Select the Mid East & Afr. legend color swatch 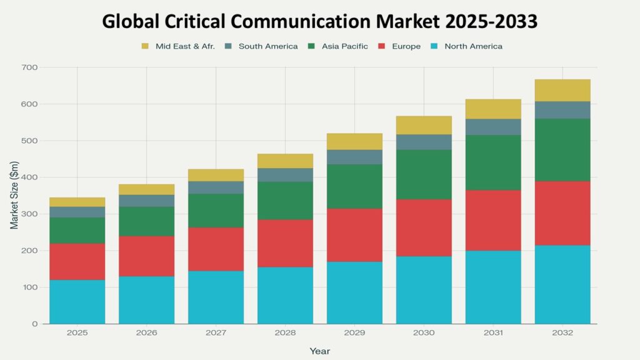coord(146,46)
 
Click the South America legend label coord(268,46)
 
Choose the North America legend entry coord(473,46)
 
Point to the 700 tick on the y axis coord(30,67)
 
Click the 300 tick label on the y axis coord(30,214)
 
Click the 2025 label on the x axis coord(77,334)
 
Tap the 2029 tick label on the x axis coord(354,334)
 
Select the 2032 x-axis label coord(562,334)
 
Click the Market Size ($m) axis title coord(14,195)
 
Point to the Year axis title coord(319,351)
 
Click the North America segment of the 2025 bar coord(77,301)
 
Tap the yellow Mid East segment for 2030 coord(424,125)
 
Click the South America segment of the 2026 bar coord(147,201)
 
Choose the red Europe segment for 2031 coord(493,220)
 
